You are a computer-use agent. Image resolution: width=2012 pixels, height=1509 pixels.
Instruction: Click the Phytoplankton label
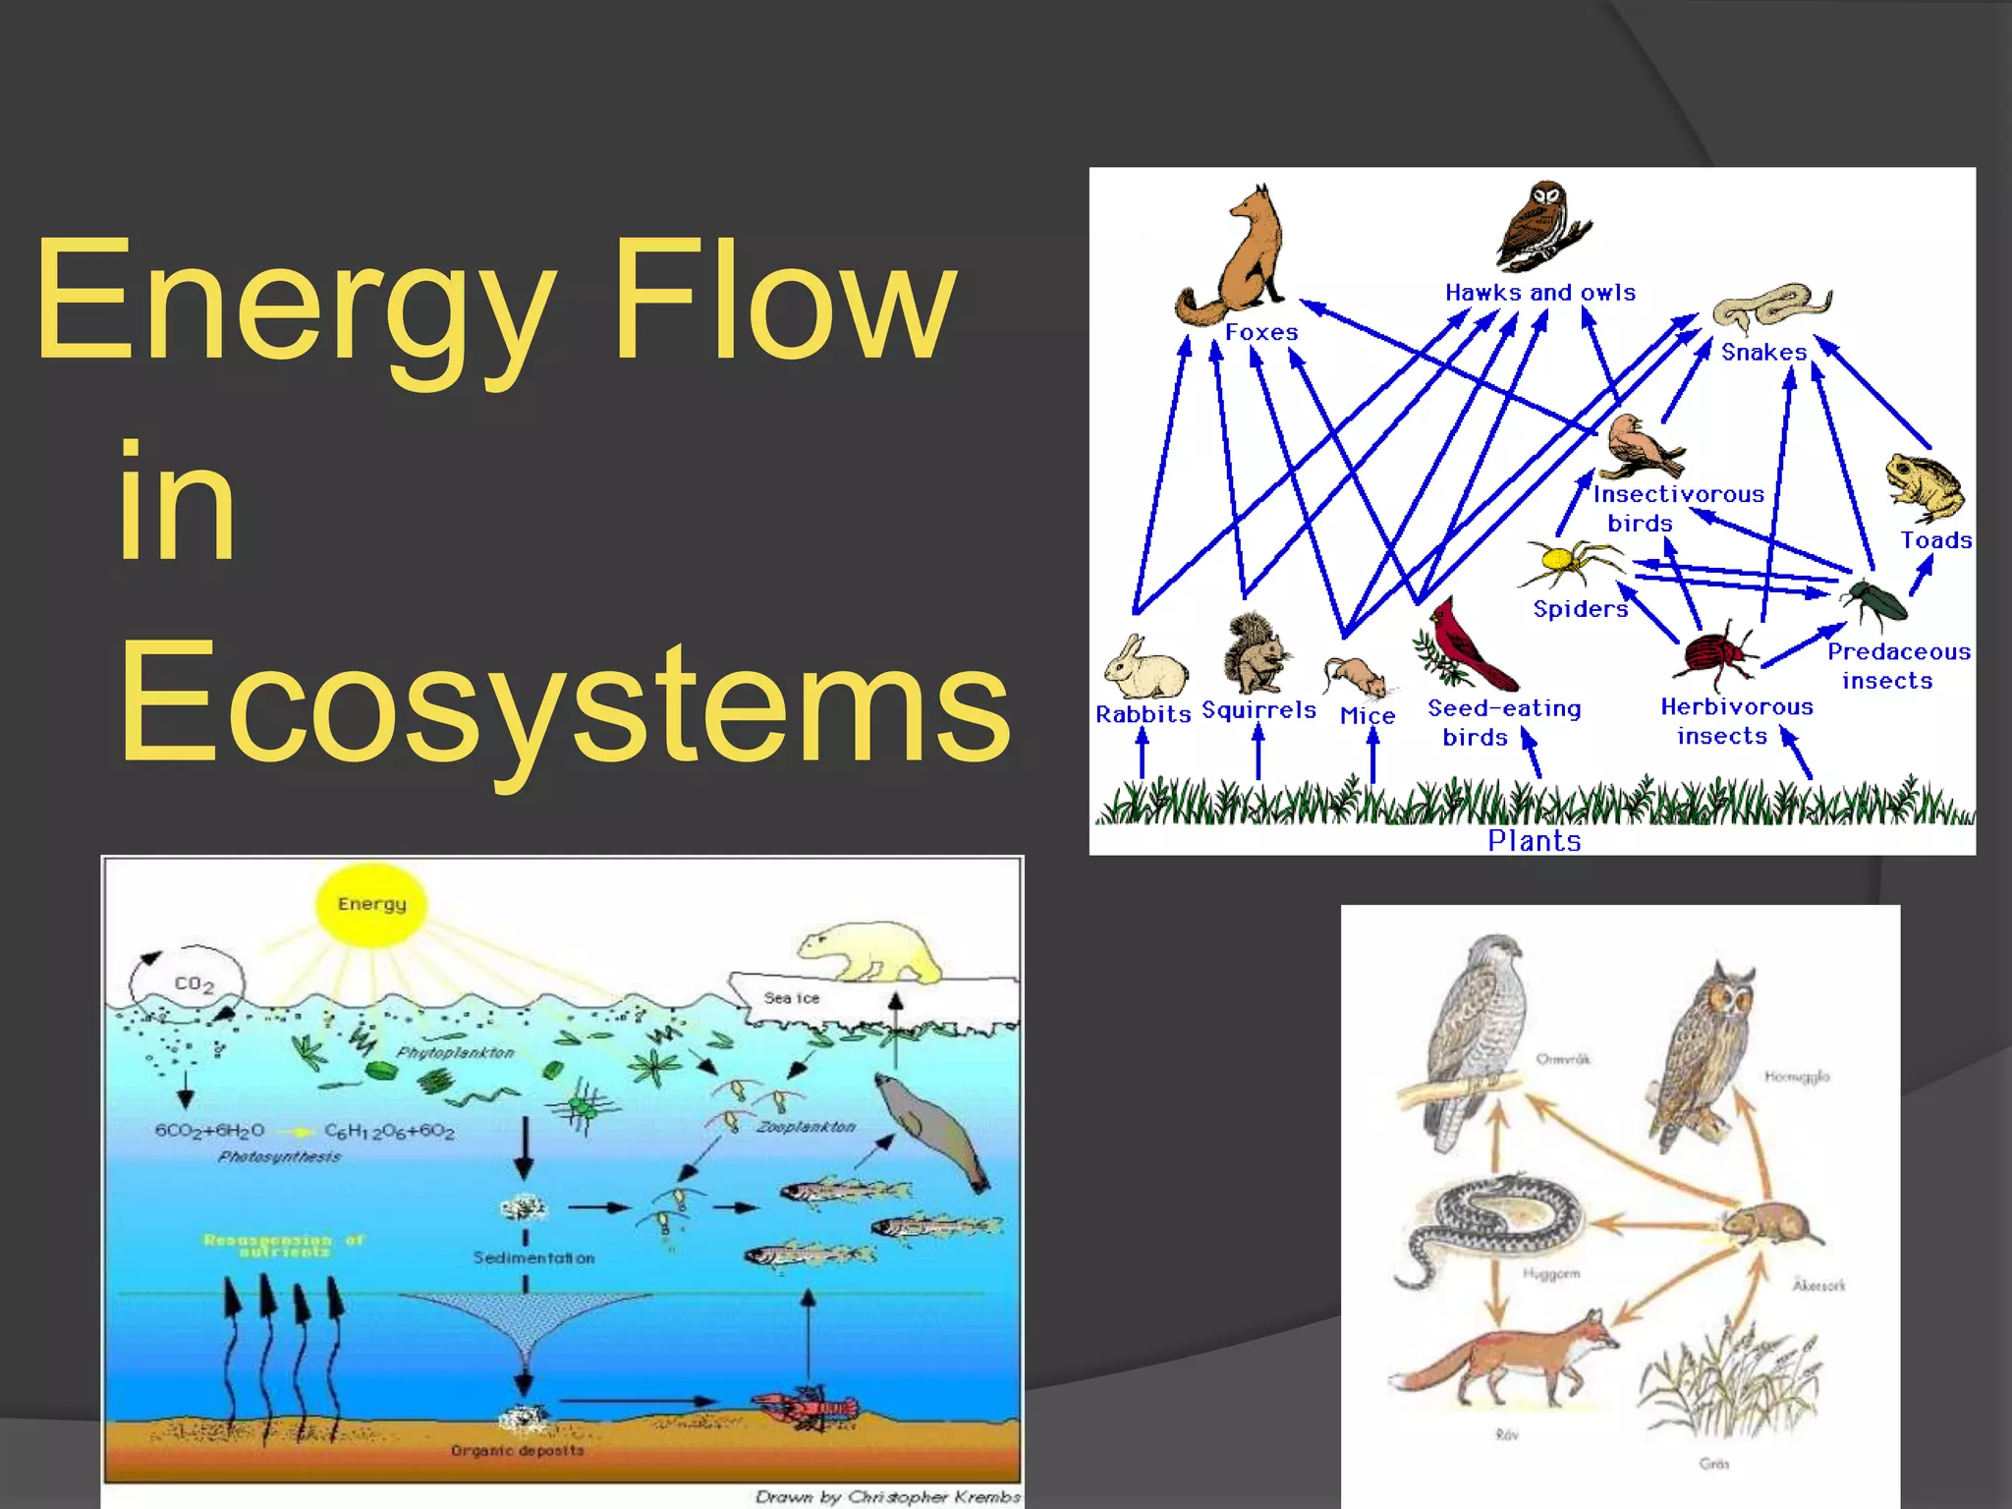455,1052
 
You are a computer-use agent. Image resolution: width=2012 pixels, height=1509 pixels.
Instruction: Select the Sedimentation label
533,1257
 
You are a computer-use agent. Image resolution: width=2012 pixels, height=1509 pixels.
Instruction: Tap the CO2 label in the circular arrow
194,983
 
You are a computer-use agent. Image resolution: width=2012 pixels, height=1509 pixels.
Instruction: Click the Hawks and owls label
1539,293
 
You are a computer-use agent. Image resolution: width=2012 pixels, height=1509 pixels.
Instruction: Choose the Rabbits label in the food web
1143,714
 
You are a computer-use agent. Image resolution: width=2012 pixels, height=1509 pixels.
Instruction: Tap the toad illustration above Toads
1924,486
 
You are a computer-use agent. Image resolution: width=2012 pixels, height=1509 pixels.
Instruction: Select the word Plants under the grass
1534,841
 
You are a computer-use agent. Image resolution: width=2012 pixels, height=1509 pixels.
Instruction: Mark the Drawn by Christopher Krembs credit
887,1496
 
